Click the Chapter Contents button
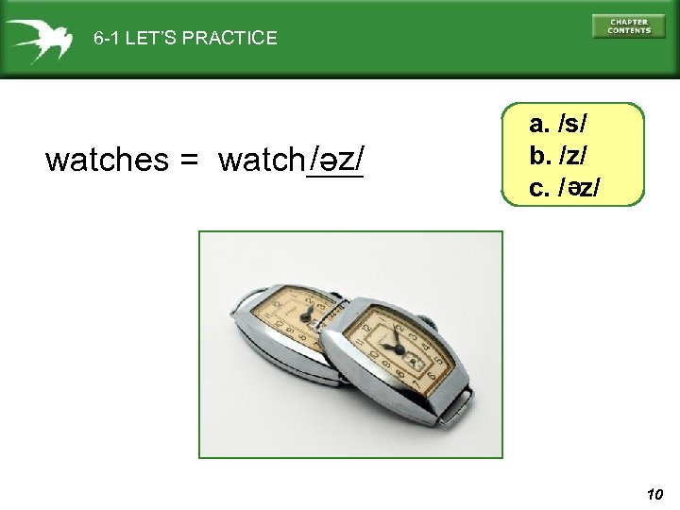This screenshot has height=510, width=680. click(628, 25)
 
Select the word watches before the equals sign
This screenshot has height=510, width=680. click(106, 161)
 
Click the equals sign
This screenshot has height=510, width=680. click(186, 161)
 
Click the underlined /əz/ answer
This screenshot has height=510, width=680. click(336, 159)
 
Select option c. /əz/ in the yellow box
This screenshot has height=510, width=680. click(565, 187)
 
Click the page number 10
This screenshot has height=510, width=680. click(656, 494)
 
